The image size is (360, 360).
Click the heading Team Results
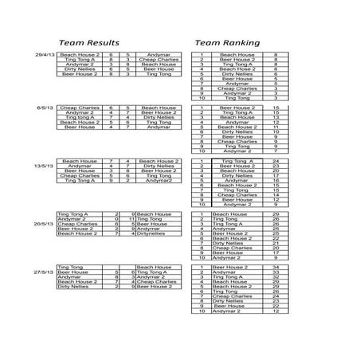click(x=90, y=41)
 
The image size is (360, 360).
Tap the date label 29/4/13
click(x=46, y=55)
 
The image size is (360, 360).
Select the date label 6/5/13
click(x=46, y=107)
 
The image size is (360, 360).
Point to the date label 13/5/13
click(x=45, y=165)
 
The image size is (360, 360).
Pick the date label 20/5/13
click(x=45, y=225)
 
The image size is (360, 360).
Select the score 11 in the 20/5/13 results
click(x=128, y=220)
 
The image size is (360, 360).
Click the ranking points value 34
click(x=276, y=267)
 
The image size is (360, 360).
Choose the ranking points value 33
click(x=276, y=272)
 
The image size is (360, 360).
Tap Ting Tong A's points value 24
click(x=276, y=160)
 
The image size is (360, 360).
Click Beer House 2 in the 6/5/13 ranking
click(x=237, y=107)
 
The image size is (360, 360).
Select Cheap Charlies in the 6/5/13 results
click(x=78, y=107)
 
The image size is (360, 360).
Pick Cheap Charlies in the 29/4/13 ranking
click(x=237, y=88)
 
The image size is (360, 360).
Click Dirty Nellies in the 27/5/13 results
click(x=76, y=286)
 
